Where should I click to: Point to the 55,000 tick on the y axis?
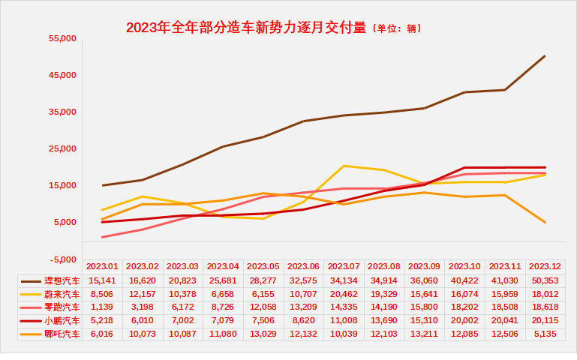63,38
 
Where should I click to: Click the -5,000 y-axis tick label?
63,259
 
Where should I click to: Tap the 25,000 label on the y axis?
63,148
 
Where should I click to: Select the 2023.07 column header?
344,266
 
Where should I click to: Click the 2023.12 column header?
545,266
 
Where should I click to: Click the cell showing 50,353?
545,280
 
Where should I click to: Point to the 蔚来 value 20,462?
344,293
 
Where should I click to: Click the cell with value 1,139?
103,307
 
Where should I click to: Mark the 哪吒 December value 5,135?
545,334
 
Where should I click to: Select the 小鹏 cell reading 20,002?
464,320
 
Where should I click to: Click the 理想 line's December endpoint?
545,55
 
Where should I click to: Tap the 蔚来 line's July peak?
344,166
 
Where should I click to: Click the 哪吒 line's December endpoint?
545,222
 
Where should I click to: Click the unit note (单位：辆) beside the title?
397,29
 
